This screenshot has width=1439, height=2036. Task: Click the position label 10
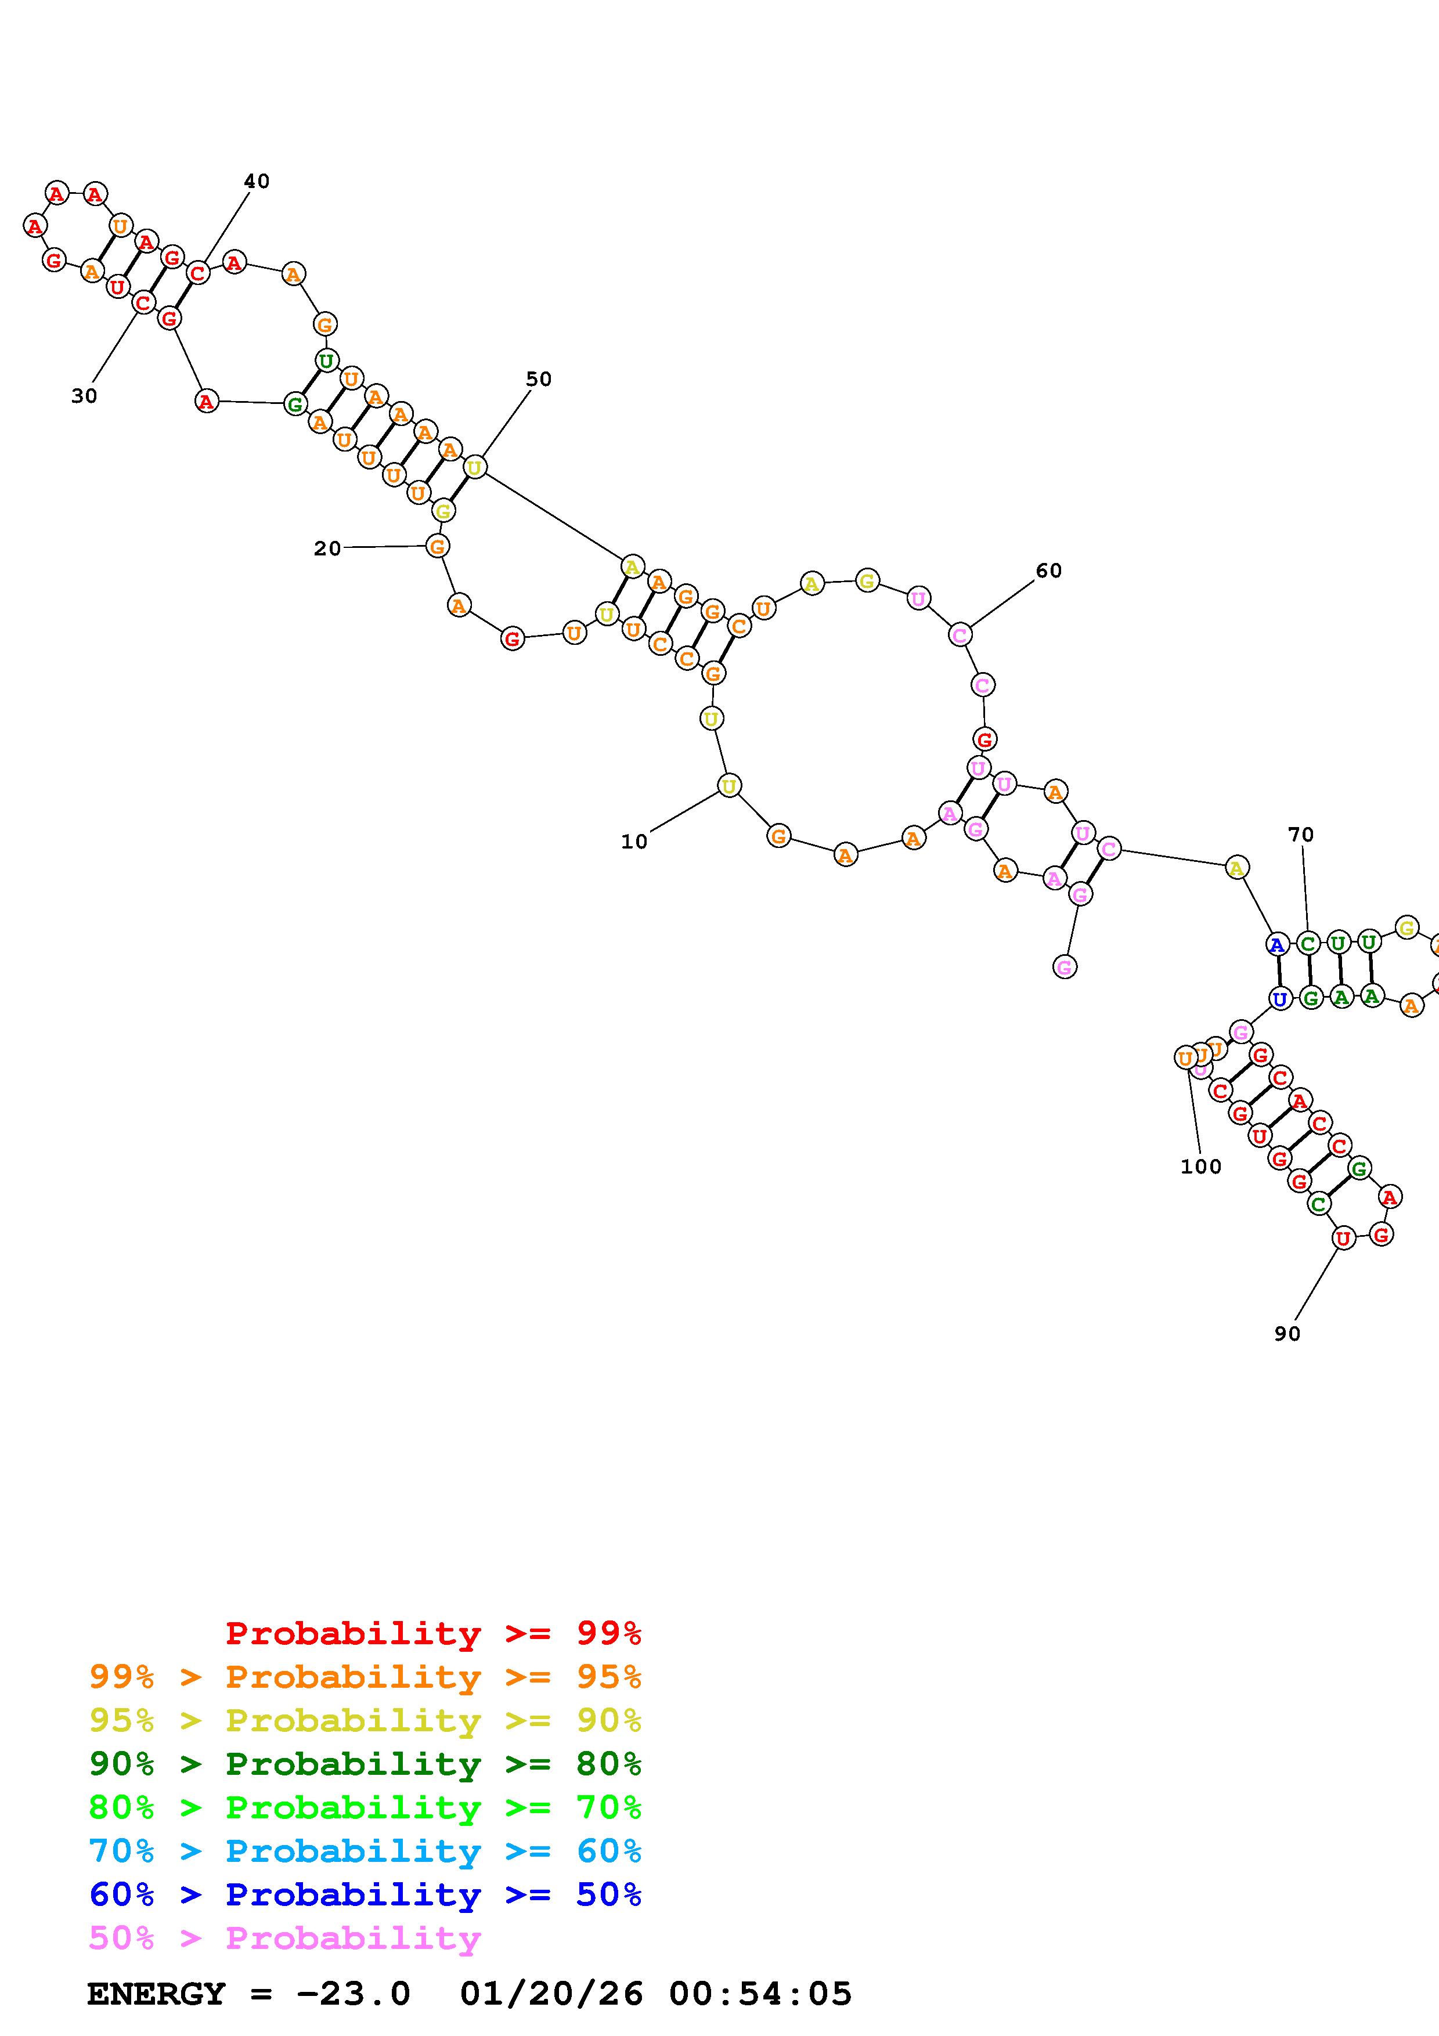click(x=634, y=842)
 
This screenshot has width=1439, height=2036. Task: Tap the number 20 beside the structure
click(x=327, y=549)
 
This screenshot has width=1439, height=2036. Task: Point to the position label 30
click(x=84, y=396)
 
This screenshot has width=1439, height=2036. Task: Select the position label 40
click(x=256, y=181)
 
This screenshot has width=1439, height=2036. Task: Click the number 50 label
click(x=538, y=380)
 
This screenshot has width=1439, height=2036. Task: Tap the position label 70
click(x=1301, y=835)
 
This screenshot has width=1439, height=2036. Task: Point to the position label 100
click(x=1200, y=1167)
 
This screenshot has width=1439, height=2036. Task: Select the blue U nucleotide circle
click(x=1279, y=999)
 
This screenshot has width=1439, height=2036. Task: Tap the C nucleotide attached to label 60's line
click(x=960, y=635)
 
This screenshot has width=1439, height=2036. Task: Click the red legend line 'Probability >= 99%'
click(x=434, y=1633)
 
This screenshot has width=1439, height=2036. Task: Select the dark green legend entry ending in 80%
click(x=365, y=1764)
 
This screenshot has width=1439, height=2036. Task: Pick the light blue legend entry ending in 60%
click(x=365, y=1851)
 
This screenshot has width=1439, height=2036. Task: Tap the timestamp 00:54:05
click(x=761, y=1994)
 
